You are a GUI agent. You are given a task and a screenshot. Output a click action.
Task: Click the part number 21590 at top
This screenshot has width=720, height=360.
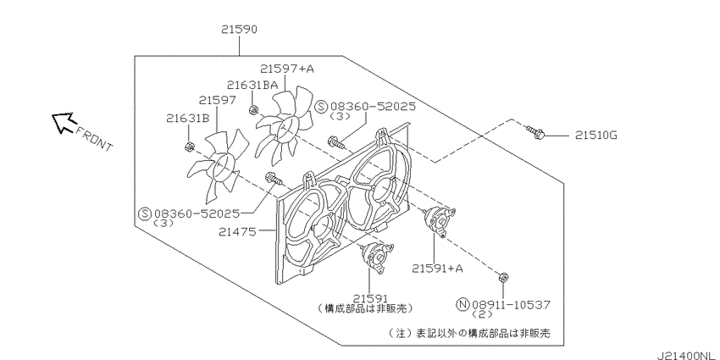click(x=239, y=30)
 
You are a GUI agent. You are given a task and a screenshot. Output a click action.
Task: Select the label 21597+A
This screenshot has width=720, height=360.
click(x=287, y=69)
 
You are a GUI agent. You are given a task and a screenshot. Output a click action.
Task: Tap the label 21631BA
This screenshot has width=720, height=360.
click(x=252, y=85)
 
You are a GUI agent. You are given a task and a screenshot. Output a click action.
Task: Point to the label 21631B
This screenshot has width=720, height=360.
click(x=188, y=119)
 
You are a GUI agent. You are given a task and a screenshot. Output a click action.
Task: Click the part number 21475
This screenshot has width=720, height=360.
click(x=237, y=232)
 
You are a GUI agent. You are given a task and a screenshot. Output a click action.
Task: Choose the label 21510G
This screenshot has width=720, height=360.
click(x=596, y=136)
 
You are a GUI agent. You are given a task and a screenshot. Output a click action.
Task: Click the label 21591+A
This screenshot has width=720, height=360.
click(x=437, y=269)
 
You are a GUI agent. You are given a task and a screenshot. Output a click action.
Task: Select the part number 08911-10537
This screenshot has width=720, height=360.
click(x=511, y=304)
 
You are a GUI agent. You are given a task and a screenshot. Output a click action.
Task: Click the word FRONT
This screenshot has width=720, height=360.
click(x=94, y=139)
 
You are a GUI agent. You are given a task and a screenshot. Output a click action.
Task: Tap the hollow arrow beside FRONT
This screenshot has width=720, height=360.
click(x=63, y=122)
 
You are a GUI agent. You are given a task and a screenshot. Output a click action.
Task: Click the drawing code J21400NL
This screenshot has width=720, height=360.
click(x=687, y=356)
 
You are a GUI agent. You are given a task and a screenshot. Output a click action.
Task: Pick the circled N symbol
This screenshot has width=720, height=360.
click(x=462, y=304)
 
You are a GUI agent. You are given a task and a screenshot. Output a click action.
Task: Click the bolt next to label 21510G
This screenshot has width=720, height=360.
click(x=536, y=133)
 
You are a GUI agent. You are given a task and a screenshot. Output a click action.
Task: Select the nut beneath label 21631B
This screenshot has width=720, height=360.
click(x=188, y=147)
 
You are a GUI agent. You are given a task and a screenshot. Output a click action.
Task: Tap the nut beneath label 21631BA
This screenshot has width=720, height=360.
click(x=252, y=110)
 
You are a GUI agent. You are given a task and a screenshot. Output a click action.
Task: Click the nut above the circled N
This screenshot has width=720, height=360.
click(x=503, y=277)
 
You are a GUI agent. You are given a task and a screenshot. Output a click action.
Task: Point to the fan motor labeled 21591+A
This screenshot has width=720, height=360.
click(x=439, y=220)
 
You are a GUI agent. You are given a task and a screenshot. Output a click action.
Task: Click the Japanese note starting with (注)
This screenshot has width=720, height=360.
click(x=469, y=332)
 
